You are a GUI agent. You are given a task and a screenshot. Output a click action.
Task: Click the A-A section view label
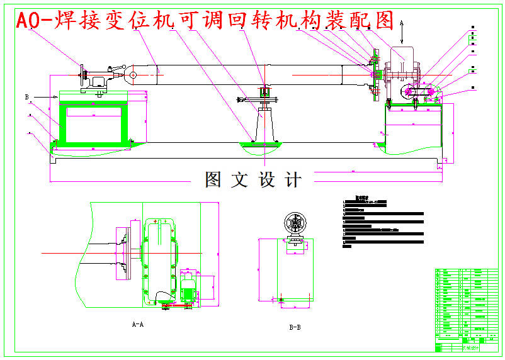pos(137,325)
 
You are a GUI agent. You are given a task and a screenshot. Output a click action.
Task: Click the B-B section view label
pos(294,327)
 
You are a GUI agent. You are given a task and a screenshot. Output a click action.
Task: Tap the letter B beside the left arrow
pos(27,97)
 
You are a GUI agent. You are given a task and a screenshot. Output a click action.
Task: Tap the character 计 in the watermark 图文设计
pos(292,179)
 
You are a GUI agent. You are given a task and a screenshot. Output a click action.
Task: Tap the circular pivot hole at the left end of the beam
pos(133,76)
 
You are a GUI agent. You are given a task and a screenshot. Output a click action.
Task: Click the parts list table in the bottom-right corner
pos(466,308)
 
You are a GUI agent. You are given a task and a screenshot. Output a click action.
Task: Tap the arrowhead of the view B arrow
pos(57,97)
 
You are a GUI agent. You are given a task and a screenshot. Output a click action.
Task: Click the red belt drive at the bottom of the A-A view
pos(177,305)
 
